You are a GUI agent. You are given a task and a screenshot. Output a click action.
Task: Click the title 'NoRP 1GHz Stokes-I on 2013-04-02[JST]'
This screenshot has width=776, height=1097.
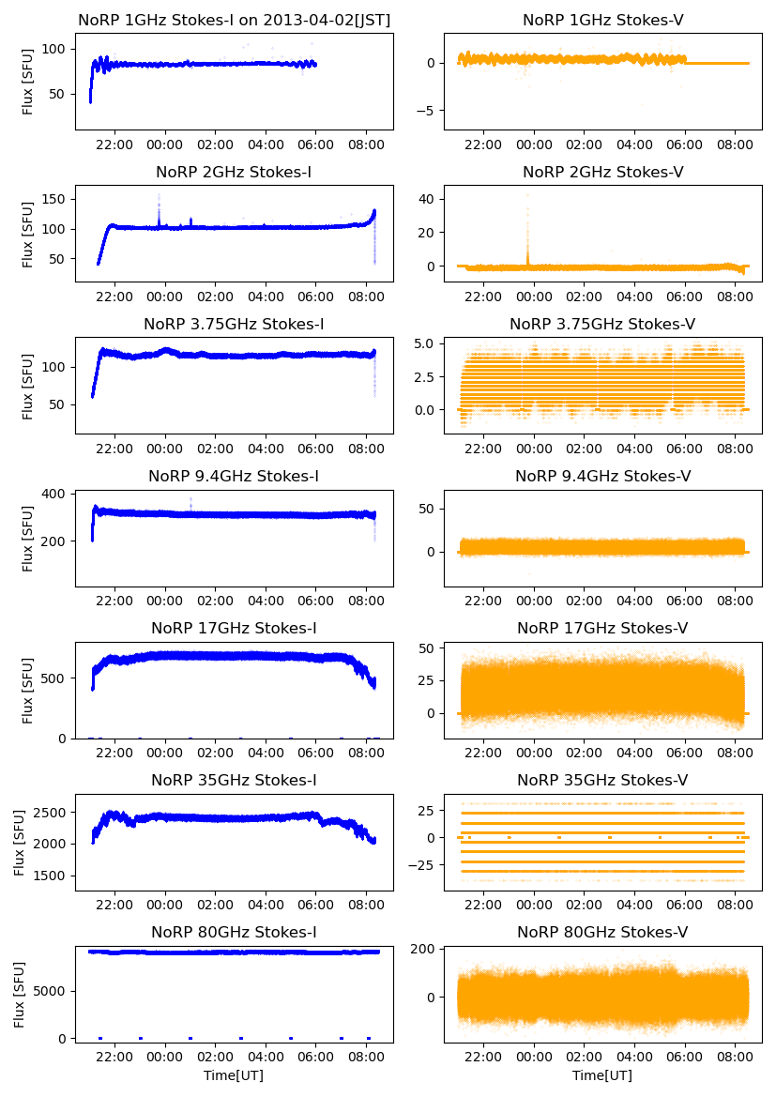click(234, 20)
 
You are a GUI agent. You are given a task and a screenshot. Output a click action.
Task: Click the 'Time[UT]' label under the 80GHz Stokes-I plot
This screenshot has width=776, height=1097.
click(234, 1075)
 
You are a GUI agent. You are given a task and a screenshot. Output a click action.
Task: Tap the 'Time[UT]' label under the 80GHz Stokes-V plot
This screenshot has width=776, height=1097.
click(602, 1075)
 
